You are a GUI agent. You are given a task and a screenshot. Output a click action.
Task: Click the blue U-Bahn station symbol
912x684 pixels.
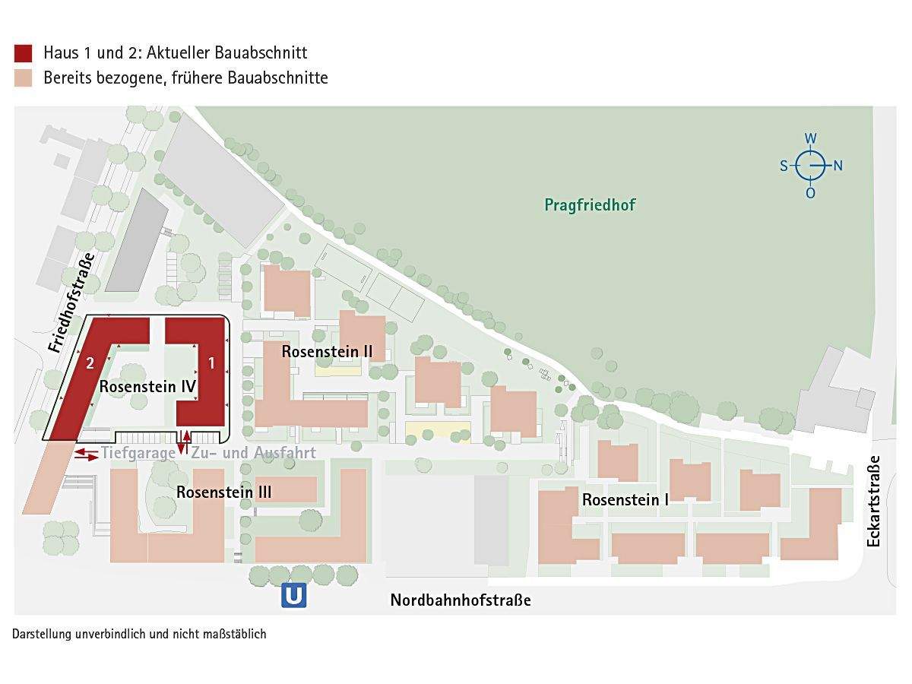click(x=294, y=595)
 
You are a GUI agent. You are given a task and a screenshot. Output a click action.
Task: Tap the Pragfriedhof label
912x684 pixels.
click(x=590, y=205)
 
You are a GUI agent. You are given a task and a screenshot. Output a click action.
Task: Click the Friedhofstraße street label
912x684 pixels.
click(x=71, y=302)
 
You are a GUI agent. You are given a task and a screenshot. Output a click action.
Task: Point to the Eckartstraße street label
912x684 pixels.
click(x=873, y=501)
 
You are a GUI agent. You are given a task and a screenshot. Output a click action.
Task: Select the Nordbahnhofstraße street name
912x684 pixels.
click(x=461, y=600)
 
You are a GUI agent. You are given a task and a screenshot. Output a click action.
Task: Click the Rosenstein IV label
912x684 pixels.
click(x=148, y=386)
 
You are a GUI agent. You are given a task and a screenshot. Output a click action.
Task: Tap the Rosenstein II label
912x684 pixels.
click(x=327, y=352)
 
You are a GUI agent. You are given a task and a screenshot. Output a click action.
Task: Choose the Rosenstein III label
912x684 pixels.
click(x=224, y=492)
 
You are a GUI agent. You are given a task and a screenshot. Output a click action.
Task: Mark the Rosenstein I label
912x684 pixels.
click(x=625, y=500)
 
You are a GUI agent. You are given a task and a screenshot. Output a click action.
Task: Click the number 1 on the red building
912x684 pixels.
click(x=211, y=363)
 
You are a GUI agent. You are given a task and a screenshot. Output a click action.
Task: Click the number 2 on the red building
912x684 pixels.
click(x=90, y=363)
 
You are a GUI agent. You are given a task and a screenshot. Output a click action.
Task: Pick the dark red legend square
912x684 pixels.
click(x=24, y=53)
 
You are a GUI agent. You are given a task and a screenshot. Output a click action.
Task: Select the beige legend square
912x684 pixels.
click(x=24, y=78)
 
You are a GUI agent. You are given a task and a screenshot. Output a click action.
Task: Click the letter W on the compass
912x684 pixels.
click(x=811, y=138)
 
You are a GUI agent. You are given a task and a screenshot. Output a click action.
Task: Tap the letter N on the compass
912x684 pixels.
click(x=838, y=166)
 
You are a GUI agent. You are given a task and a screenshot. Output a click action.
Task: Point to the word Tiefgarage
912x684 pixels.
click(x=138, y=453)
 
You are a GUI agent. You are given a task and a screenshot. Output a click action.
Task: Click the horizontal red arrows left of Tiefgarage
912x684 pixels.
click(x=86, y=454)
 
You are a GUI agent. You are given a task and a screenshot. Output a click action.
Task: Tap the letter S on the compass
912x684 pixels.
click(x=784, y=166)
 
